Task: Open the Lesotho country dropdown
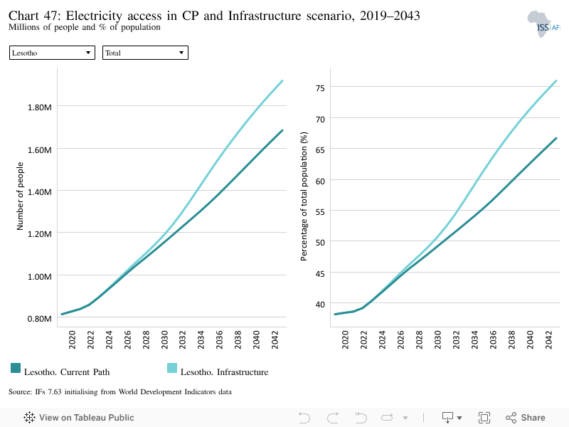[x=52, y=53]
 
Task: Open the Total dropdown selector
[x=145, y=53]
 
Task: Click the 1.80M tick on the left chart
[x=40, y=107]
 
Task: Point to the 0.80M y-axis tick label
[x=40, y=318]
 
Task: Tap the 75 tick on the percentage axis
[x=320, y=88]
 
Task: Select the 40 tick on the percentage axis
[x=320, y=305]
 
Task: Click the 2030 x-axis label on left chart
[x=164, y=339]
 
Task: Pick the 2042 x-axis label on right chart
[x=548, y=339]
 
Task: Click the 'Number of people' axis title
[x=20, y=196]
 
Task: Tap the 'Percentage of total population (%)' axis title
[x=304, y=196]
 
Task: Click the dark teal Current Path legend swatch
[x=16, y=368]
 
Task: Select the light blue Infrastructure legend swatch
[x=172, y=368]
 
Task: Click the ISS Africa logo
[x=543, y=24]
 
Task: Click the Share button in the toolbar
[x=526, y=418]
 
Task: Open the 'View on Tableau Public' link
[x=79, y=418]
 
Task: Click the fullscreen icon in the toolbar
[x=484, y=418]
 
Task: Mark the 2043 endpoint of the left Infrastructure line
[x=282, y=80]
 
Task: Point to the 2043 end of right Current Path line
[x=556, y=138]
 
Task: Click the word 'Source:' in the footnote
[x=21, y=392]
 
